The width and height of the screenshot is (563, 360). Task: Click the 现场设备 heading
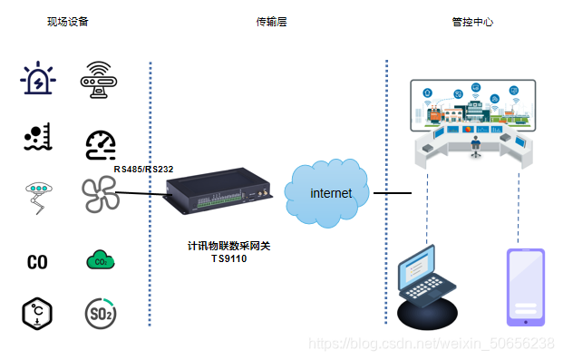click(68, 21)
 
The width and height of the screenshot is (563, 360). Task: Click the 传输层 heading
click(271, 21)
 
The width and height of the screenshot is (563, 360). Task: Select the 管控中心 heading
click(472, 21)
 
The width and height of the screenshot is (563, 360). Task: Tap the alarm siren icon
click(38, 79)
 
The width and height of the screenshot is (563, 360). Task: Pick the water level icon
click(38, 137)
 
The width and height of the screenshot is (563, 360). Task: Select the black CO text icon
click(37, 263)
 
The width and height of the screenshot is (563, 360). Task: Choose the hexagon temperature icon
click(37, 313)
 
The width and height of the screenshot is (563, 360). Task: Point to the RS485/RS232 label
click(143, 169)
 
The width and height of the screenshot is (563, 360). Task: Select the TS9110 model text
click(228, 258)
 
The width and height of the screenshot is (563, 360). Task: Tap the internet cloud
click(329, 193)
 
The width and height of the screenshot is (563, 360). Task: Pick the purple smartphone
click(526, 286)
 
